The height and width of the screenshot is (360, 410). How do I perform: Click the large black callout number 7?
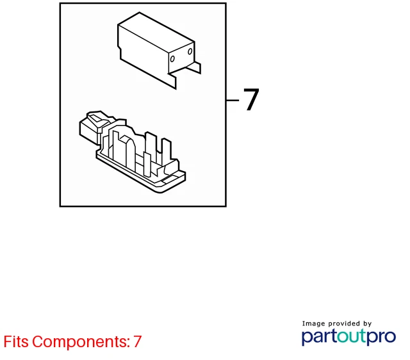point(251,99)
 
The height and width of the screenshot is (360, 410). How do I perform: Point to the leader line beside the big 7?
point(233,100)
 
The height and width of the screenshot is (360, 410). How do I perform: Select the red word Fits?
point(16,341)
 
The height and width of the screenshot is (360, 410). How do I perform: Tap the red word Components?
point(79,342)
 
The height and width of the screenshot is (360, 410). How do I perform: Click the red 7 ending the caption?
point(137,341)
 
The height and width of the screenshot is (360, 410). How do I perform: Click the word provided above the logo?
point(344,323)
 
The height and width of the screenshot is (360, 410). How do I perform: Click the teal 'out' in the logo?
point(352,336)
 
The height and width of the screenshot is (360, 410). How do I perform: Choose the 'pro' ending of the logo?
point(381,337)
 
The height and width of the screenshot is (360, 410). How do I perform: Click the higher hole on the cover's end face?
point(190,51)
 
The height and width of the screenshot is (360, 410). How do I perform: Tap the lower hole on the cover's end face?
point(172,59)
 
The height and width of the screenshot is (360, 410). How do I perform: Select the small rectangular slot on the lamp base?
point(169,179)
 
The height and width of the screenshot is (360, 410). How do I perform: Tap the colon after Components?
point(129,343)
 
